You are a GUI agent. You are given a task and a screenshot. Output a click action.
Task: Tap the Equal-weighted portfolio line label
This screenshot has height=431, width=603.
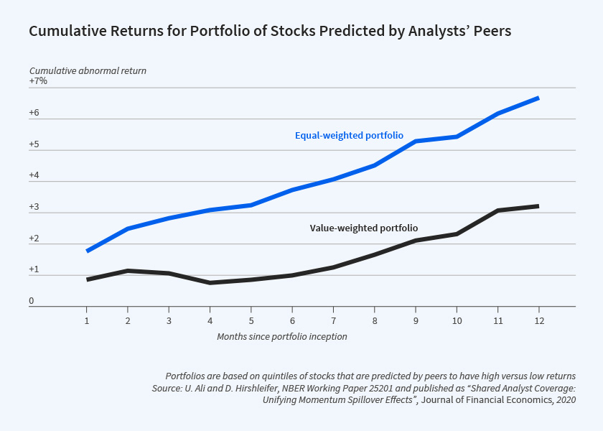349,135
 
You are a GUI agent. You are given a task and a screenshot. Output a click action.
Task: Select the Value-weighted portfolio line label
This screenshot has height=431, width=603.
364,228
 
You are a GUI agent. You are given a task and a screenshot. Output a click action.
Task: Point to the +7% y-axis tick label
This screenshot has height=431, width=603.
38,81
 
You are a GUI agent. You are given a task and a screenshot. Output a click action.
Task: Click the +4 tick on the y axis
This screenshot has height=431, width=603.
34,175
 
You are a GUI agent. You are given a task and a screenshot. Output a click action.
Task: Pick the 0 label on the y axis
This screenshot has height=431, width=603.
32,300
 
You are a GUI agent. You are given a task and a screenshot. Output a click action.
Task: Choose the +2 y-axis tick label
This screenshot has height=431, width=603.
34,238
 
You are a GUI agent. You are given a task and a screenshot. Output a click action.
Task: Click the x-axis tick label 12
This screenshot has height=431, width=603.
538,320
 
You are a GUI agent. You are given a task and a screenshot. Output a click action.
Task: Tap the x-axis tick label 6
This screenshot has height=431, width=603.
292,320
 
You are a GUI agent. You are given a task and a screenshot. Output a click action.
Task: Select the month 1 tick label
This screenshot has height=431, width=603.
87,320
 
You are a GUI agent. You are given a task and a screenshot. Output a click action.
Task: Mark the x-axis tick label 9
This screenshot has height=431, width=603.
415,320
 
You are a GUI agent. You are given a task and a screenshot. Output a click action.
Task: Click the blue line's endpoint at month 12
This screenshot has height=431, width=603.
538,98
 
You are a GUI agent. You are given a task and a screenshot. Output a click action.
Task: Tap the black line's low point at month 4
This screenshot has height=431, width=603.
210,282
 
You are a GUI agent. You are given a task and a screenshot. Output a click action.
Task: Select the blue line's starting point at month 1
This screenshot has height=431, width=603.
87,251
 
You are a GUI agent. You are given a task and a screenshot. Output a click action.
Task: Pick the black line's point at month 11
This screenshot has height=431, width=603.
497,210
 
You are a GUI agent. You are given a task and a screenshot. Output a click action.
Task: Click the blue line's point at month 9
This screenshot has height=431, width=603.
415,142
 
